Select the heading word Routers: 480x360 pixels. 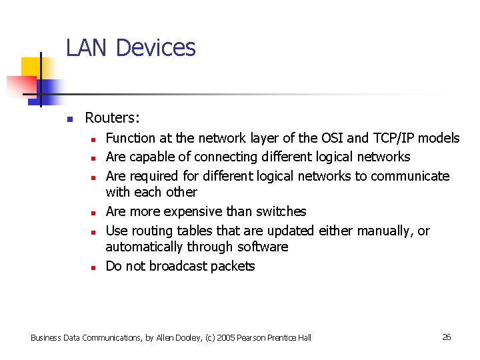pyautogui.click(x=112, y=118)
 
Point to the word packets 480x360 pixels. pyautogui.click(x=233, y=266)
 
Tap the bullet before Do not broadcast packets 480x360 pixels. pyautogui.click(x=95, y=267)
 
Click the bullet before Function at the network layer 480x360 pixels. pyautogui.click(x=95, y=139)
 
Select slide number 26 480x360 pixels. pyautogui.click(x=447, y=337)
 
